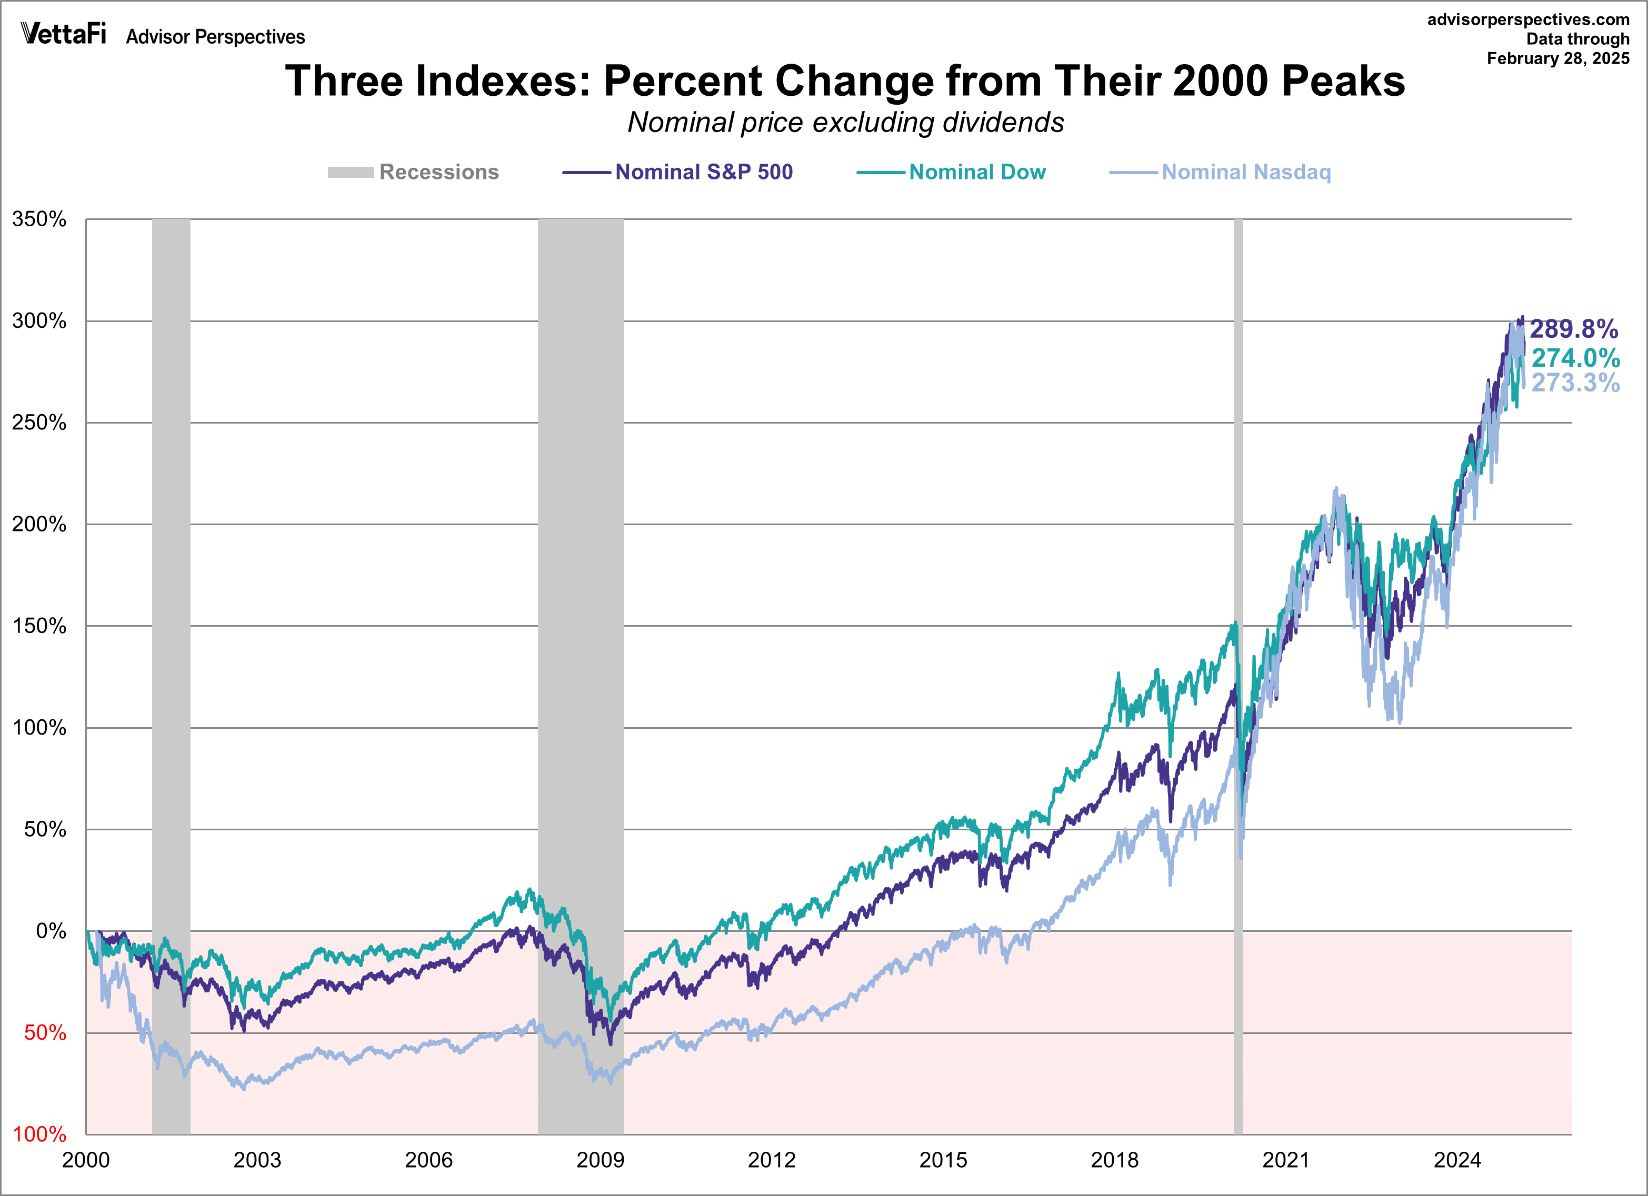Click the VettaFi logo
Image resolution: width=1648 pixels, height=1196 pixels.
tap(64, 34)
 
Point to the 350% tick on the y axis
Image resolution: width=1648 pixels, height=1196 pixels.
tap(39, 219)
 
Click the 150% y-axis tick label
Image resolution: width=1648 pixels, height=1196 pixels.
tap(39, 626)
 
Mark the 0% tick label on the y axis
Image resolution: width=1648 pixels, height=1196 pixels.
tap(51, 931)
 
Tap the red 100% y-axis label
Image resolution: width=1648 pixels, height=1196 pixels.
tap(39, 1134)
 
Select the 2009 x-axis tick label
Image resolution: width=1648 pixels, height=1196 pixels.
tap(600, 1160)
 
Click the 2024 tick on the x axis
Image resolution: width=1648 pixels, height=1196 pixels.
tap(1457, 1160)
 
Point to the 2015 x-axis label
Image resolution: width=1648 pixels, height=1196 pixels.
tap(943, 1160)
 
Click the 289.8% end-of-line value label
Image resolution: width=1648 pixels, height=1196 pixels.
tap(1574, 329)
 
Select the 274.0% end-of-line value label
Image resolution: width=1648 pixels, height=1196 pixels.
tap(1575, 358)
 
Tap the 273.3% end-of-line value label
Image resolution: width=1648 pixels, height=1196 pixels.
tap(1575, 383)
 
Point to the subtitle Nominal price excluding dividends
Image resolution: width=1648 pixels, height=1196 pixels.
tap(846, 123)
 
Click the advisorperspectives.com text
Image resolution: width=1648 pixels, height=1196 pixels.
tap(1528, 19)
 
